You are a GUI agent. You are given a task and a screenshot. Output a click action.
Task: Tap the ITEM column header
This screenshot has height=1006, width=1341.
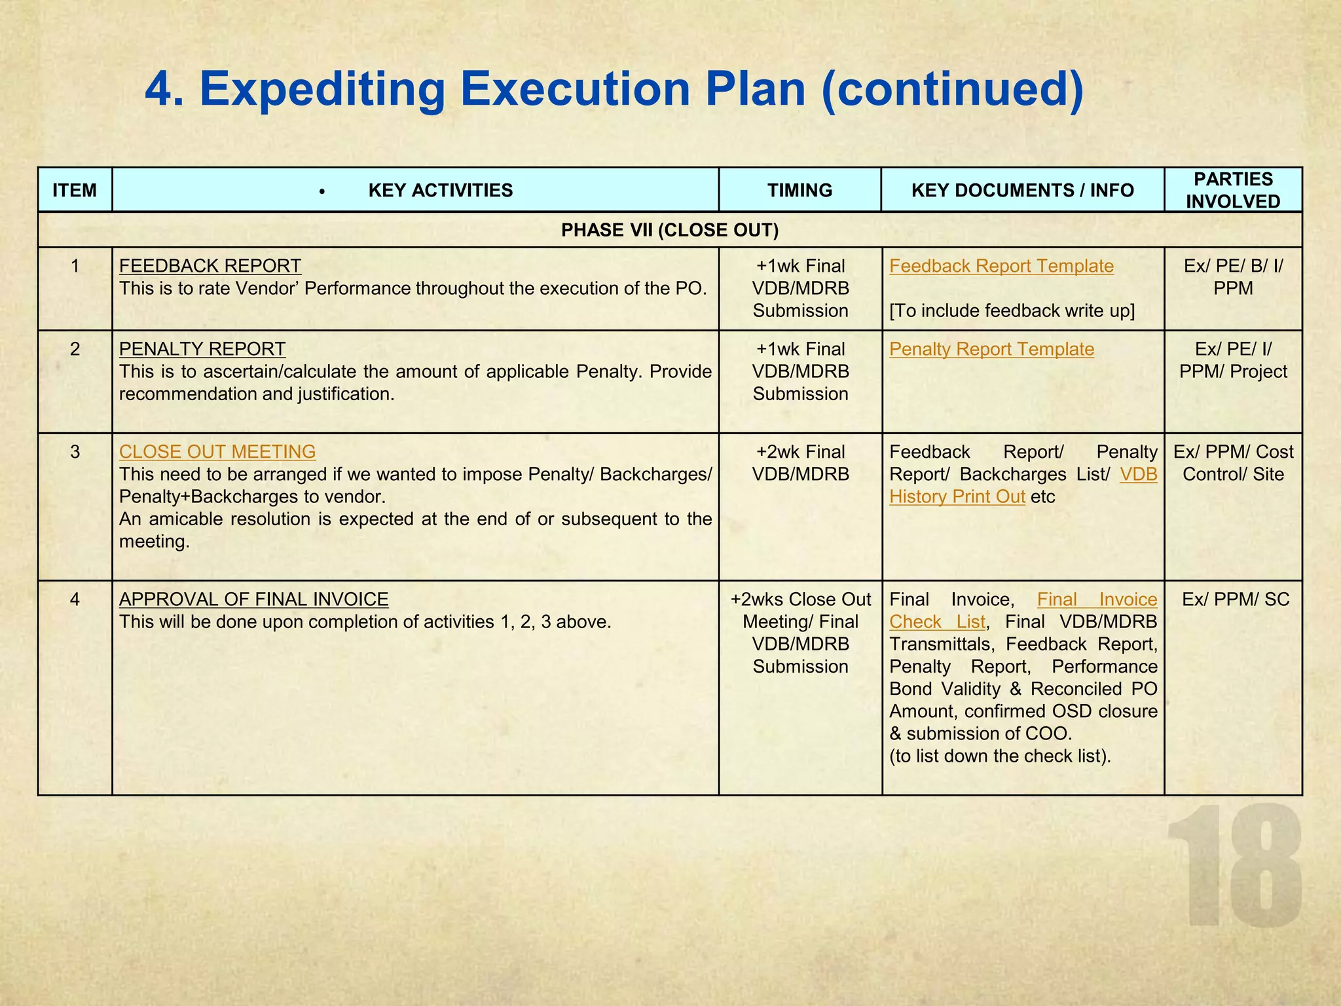click(75, 191)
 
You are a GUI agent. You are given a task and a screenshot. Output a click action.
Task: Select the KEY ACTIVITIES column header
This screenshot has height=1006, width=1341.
click(440, 191)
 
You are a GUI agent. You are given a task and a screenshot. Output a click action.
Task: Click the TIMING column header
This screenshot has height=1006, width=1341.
click(799, 191)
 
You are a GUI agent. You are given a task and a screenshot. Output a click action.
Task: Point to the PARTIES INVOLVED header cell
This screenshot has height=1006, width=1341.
click(1232, 190)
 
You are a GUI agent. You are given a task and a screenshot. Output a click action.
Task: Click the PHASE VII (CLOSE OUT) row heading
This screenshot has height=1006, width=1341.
click(670, 230)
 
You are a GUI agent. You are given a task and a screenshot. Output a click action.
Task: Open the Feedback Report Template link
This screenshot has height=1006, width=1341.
click(1001, 266)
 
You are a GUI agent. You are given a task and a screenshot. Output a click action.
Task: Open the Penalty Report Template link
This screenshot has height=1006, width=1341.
click(991, 349)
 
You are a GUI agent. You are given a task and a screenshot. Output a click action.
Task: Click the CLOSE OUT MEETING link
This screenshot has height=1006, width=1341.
click(217, 452)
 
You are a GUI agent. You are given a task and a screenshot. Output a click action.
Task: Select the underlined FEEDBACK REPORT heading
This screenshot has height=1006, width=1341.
click(210, 266)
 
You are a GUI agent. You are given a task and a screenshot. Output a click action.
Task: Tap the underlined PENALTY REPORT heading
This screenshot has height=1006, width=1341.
click(202, 349)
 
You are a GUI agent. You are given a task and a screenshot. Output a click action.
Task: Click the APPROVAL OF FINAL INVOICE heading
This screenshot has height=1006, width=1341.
click(254, 599)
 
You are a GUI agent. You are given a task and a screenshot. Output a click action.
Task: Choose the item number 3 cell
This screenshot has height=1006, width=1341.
click(75, 452)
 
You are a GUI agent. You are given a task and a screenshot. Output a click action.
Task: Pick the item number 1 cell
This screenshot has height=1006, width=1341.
click(75, 266)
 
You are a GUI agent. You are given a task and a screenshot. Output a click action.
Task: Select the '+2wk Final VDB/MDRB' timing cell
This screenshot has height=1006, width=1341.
click(800, 463)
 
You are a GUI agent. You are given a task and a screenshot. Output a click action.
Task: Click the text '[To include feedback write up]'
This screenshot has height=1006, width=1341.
click(1012, 310)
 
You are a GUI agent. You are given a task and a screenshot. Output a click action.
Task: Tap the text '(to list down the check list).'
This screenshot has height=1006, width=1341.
click(1000, 756)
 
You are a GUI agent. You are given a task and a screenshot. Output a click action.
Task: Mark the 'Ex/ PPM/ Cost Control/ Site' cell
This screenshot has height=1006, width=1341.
click(1233, 463)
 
